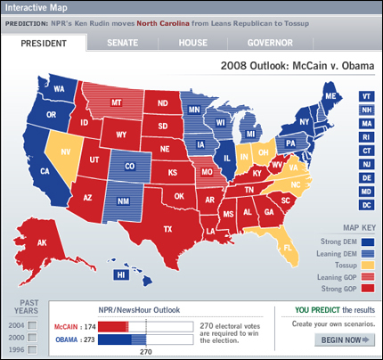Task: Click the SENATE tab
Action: [122, 42]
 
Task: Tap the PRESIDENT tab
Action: [45, 42]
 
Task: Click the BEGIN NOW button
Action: [346, 339]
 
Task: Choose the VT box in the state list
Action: [367, 96]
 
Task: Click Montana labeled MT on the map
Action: [116, 103]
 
